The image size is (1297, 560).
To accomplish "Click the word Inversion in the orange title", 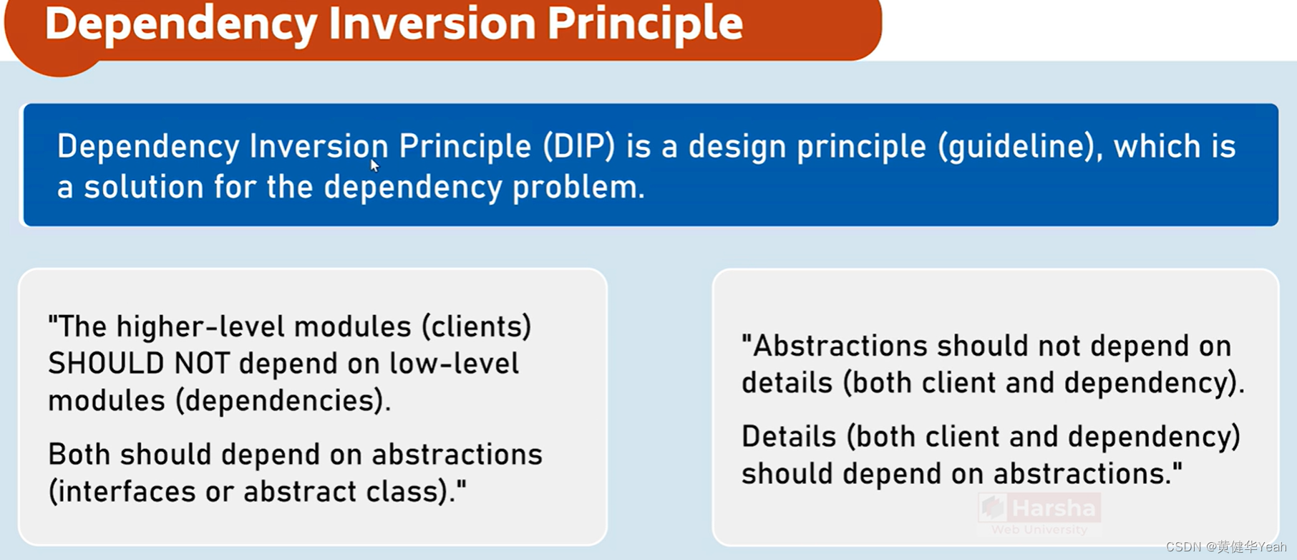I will point(432,23).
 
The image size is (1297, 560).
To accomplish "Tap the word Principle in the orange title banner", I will point(645,23).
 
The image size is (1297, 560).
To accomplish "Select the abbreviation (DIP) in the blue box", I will point(579,146).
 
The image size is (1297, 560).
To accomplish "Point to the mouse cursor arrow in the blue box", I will point(374,165).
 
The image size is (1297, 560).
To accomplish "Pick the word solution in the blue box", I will point(144,188).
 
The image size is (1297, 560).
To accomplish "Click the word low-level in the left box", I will point(455,364).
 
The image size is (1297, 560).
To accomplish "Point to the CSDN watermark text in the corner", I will point(1225,547).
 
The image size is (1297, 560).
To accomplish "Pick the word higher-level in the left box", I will point(200,327).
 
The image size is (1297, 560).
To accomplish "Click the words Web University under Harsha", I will point(1039,530).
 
